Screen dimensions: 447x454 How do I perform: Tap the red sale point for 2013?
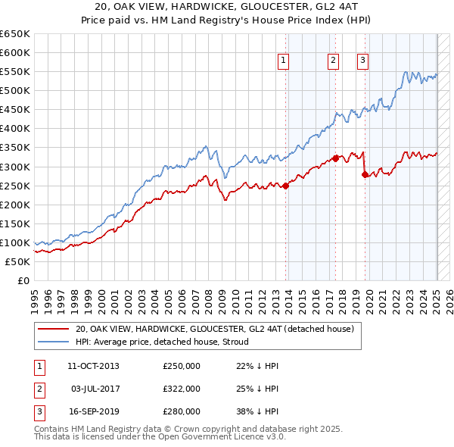coord(286,186)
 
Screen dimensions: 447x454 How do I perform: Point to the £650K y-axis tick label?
coord(15,34)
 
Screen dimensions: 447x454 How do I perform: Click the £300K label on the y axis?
coord(15,167)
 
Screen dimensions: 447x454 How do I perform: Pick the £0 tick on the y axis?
coord(23,280)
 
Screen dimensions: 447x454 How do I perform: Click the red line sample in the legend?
coord(53,329)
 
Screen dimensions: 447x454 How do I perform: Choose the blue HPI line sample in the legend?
coord(53,342)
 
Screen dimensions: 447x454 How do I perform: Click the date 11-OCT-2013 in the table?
coord(93,366)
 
